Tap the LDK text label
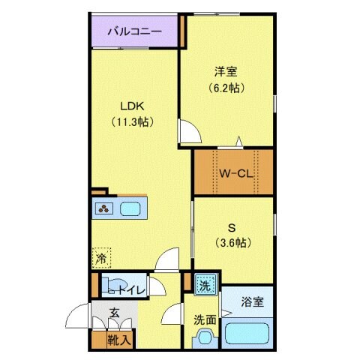click(x=124, y=106)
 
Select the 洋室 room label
click(x=226, y=72)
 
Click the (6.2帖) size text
click(x=226, y=86)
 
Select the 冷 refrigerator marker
click(x=100, y=258)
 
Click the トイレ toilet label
click(x=130, y=287)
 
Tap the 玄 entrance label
click(x=114, y=314)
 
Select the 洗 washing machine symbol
click(x=205, y=285)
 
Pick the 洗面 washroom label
click(x=205, y=319)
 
